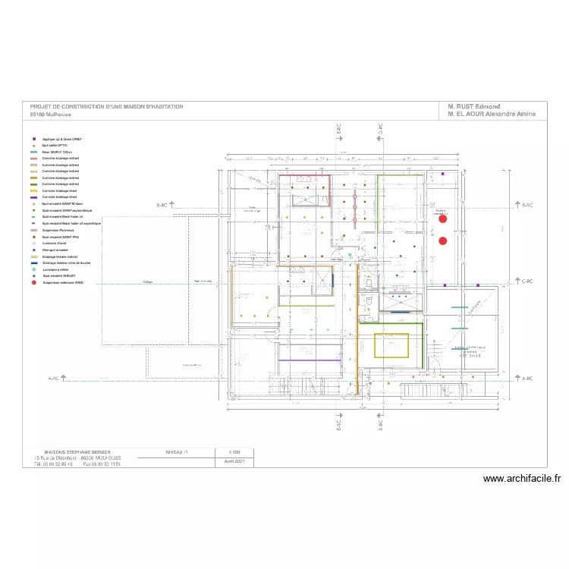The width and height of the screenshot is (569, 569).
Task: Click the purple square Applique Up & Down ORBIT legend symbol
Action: (34, 140)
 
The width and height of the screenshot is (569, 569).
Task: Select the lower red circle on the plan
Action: (442, 240)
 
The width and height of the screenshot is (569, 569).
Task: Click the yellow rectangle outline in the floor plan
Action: (392, 345)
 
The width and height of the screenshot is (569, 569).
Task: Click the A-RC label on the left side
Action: (54, 378)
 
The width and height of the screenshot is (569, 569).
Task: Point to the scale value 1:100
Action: (234, 451)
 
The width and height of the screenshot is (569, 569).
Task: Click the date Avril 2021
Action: (234, 461)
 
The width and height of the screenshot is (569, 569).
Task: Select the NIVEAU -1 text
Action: (177, 451)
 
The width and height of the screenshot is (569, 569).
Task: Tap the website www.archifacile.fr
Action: (521, 479)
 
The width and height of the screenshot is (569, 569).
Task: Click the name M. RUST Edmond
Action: (474, 107)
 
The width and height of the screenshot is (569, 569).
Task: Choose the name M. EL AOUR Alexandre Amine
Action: (492, 114)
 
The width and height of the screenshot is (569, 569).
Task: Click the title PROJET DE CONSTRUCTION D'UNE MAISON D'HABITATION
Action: (106, 107)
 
